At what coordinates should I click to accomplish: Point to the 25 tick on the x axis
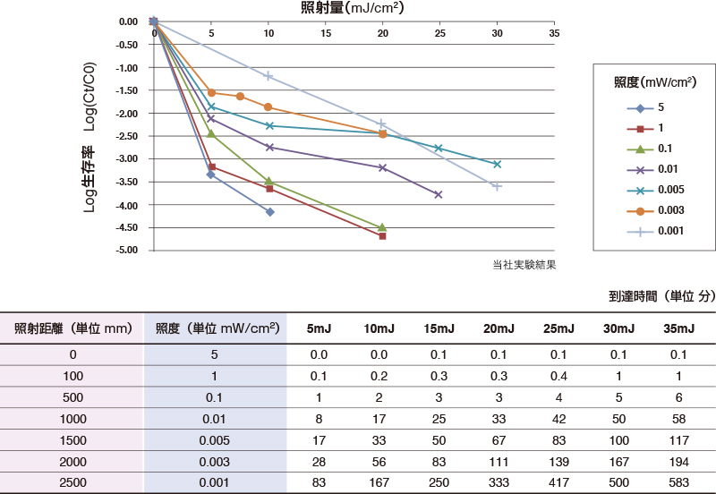coord(439,33)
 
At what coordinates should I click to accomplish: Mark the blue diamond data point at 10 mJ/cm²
coord(269,212)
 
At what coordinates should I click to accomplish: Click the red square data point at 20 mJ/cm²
coord(383,236)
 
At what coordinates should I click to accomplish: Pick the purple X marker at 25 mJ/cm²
coord(439,194)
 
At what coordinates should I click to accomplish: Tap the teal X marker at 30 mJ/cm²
coord(497,165)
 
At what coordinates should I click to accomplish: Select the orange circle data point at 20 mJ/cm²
coord(383,134)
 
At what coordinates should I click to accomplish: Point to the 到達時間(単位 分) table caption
coord(662,296)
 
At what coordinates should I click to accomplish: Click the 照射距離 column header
coord(72,328)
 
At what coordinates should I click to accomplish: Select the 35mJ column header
coord(677,328)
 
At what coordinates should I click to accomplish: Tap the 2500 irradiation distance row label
coord(72,483)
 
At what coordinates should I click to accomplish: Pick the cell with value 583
coord(678,483)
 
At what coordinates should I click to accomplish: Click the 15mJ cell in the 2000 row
coord(437,462)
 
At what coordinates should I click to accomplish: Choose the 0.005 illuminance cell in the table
coord(215,440)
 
